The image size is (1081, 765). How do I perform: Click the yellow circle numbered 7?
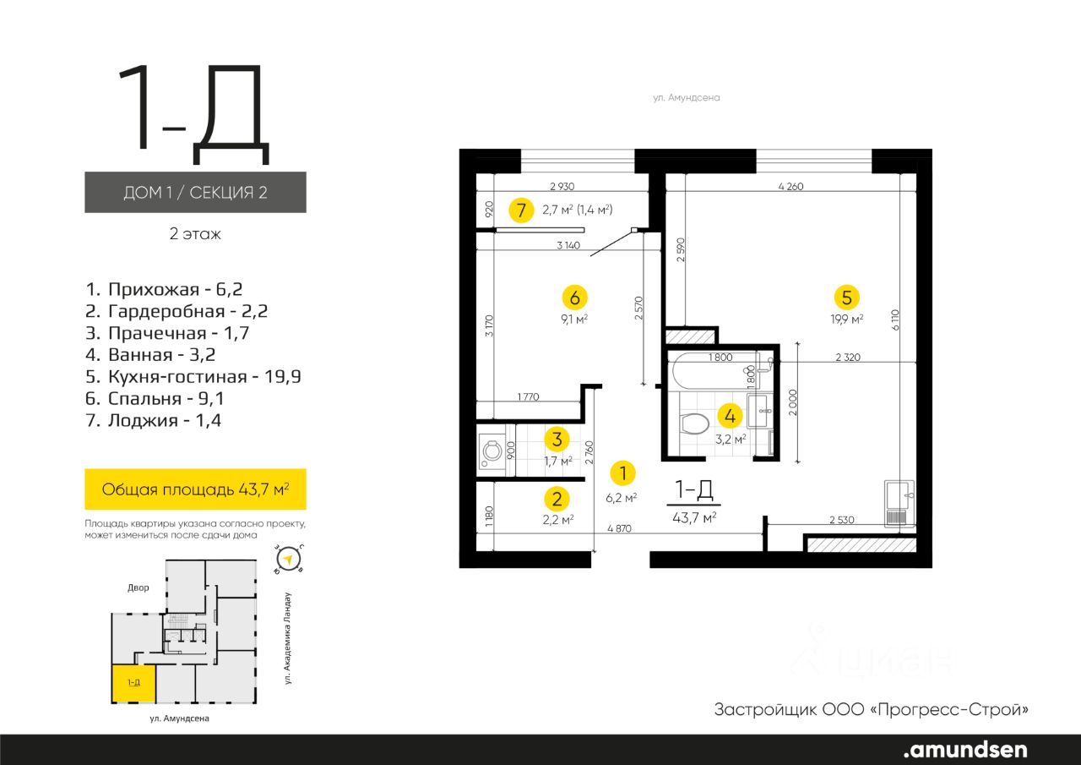(x=521, y=210)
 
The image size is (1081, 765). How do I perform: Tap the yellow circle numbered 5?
(x=846, y=298)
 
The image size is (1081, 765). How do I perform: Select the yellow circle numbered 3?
(x=557, y=440)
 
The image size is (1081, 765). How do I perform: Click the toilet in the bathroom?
(x=693, y=423)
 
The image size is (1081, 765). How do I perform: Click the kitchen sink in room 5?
(x=899, y=503)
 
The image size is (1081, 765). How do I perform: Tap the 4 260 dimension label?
(x=790, y=187)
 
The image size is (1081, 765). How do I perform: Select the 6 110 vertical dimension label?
(x=895, y=320)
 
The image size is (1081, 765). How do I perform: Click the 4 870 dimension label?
(x=619, y=528)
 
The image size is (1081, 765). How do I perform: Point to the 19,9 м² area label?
(x=846, y=319)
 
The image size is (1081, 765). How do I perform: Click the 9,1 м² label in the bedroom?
(x=573, y=320)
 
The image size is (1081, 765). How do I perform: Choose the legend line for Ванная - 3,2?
(x=150, y=355)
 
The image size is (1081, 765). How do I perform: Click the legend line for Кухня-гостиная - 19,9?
(x=193, y=377)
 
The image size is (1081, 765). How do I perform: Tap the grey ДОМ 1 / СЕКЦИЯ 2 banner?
(x=195, y=192)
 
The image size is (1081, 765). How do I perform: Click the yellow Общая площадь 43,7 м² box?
(x=195, y=489)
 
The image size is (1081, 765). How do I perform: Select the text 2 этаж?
(x=195, y=234)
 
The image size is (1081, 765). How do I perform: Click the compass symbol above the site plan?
(x=289, y=560)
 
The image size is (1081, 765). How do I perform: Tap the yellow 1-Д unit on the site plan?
(x=134, y=683)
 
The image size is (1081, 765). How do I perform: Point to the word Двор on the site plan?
(x=138, y=587)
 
